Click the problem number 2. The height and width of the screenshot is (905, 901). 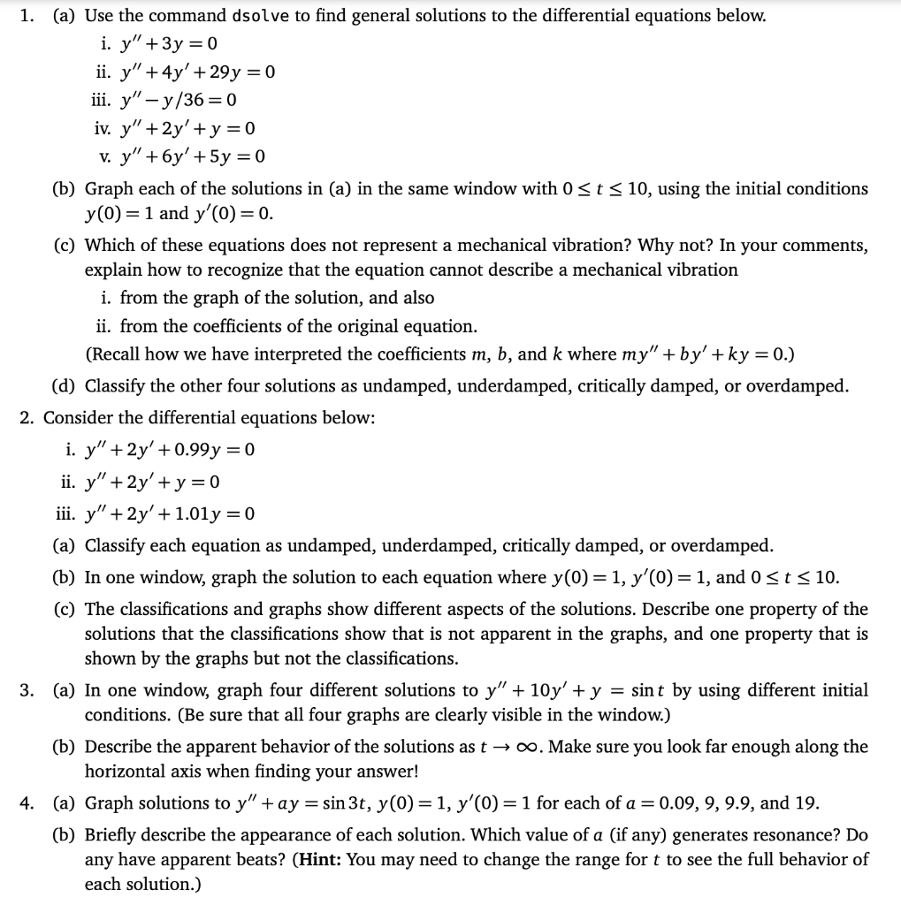(x=26, y=418)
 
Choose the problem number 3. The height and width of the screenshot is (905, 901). (x=26, y=690)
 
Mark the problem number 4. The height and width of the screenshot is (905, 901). (x=26, y=803)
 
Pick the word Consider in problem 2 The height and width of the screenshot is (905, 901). (x=76, y=418)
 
